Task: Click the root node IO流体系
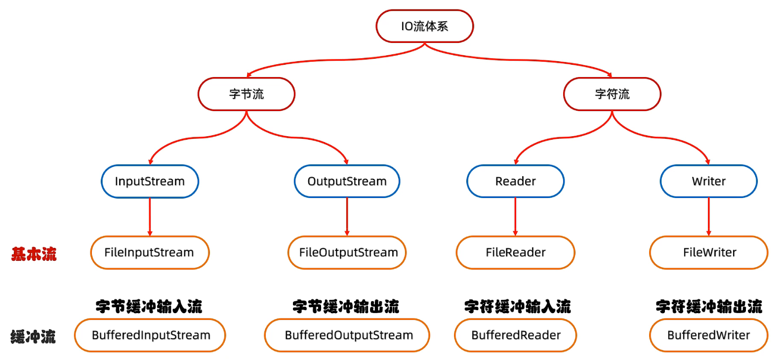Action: (424, 26)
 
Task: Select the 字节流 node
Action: (246, 94)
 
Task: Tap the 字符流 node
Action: (612, 94)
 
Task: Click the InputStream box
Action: (150, 181)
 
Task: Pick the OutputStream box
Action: (347, 181)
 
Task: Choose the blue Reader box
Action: (515, 181)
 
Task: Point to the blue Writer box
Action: (708, 181)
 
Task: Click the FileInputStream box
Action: (150, 252)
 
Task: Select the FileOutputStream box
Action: (347, 252)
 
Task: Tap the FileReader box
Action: (515, 252)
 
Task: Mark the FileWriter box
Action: (708, 252)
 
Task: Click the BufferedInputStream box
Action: (150, 335)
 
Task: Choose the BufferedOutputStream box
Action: (347, 335)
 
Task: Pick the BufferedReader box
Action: (515, 335)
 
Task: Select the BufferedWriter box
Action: (708, 335)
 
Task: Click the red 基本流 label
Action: (34, 254)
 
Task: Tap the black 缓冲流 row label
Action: (33, 337)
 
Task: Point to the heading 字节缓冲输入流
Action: (149, 306)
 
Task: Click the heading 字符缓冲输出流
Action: (709, 306)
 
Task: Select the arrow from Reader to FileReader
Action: (515, 217)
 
